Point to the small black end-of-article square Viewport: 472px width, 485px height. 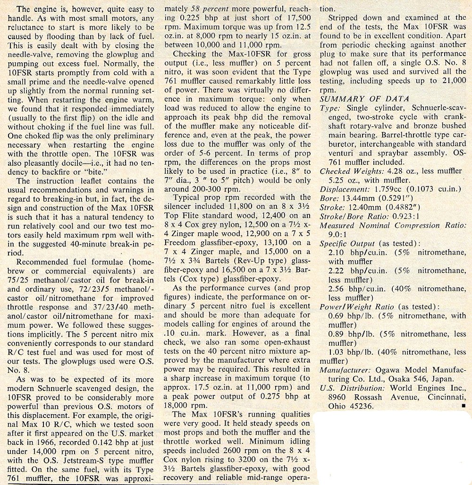pyautogui.click(x=464, y=405)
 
